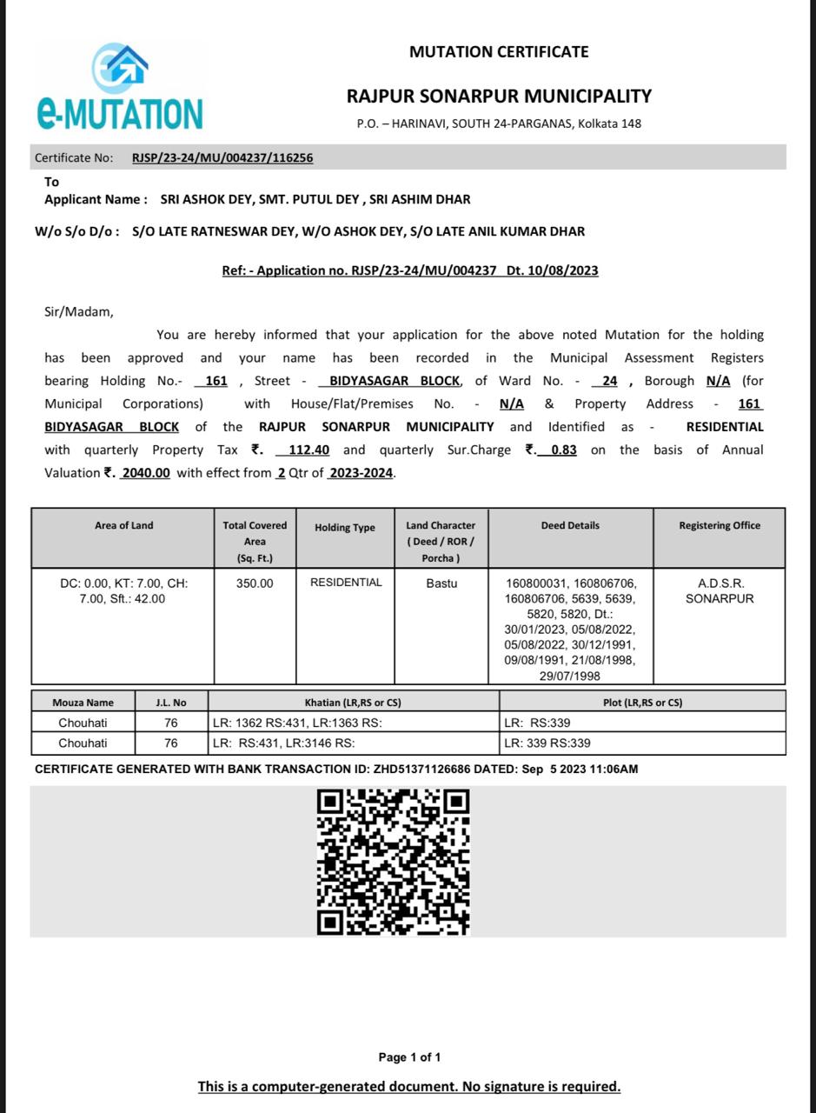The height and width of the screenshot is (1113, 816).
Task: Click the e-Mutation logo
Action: click(x=120, y=87)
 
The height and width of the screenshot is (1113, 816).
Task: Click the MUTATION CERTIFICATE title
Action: click(x=499, y=52)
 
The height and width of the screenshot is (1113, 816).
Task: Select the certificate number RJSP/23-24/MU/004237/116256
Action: click(x=222, y=158)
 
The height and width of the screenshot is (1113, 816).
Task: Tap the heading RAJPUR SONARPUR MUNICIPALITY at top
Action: click(x=499, y=96)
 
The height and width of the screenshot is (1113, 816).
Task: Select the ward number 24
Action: click(x=609, y=381)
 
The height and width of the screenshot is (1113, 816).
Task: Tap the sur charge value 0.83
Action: click(x=563, y=450)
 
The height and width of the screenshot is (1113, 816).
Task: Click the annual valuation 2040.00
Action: click(x=145, y=473)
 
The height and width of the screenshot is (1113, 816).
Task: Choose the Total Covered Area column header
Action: click(x=255, y=541)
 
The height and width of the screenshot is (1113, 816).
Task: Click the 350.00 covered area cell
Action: click(x=255, y=583)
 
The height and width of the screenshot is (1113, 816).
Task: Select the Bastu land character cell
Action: click(x=441, y=583)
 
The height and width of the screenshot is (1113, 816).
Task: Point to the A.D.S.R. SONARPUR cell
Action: click(x=720, y=591)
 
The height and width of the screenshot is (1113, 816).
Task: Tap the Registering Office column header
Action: click(x=720, y=526)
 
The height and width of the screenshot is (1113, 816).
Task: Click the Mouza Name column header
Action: click(x=83, y=703)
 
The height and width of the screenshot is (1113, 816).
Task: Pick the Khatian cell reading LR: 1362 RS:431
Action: click(x=297, y=723)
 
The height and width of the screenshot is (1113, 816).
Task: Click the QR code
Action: click(x=393, y=861)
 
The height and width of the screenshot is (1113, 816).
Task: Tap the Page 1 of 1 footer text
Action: click(x=409, y=1057)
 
